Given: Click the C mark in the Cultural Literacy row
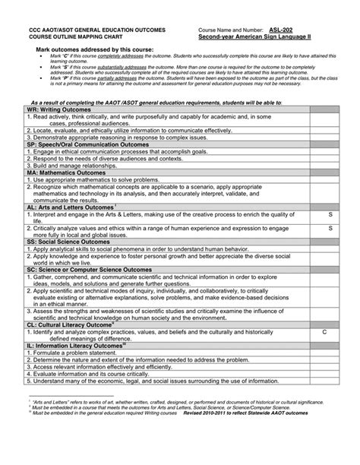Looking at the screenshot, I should (324, 332).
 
